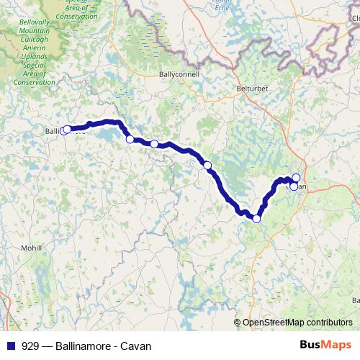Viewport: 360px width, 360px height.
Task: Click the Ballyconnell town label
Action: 177,74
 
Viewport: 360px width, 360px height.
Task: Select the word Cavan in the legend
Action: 137,346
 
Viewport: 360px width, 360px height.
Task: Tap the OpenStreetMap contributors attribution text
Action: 297,323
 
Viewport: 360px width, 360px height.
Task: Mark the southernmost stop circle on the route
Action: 256,219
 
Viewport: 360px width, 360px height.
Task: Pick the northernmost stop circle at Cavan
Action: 296,177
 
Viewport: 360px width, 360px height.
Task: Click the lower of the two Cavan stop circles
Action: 294,186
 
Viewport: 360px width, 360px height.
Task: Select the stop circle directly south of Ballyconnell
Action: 154,144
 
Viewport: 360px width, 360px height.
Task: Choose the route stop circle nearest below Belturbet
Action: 207,166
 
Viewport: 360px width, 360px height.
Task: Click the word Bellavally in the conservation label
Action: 34,22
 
